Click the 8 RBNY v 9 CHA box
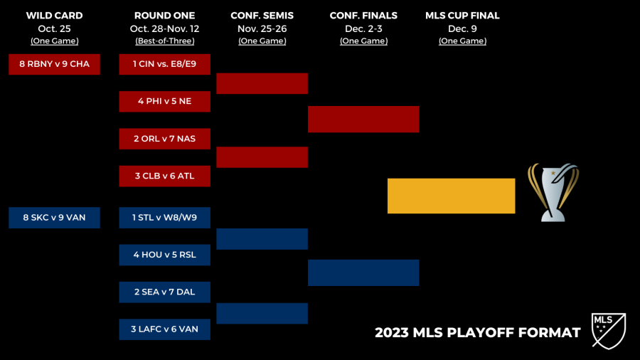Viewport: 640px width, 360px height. pyautogui.click(x=54, y=64)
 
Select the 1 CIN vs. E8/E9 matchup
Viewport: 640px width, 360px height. pyautogui.click(x=164, y=64)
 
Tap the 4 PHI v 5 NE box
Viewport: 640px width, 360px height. pyautogui.click(x=164, y=101)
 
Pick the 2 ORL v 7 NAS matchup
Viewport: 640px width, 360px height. pyautogui.click(x=164, y=139)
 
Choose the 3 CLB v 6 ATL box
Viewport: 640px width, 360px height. pyautogui.click(x=164, y=176)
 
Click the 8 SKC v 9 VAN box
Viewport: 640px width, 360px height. pyautogui.click(x=54, y=218)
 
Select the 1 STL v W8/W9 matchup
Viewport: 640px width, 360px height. pyautogui.click(x=164, y=218)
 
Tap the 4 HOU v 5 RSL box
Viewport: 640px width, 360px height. pyautogui.click(x=164, y=255)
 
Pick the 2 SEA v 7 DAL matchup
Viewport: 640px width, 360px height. pyautogui.click(x=164, y=292)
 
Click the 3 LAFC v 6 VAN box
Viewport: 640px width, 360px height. pyautogui.click(x=164, y=329)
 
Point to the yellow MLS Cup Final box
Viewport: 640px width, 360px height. pyautogui.click(x=451, y=196)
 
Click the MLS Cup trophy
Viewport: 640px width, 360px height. pyautogui.click(x=553, y=193)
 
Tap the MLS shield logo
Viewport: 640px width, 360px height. pyautogui.click(x=609, y=331)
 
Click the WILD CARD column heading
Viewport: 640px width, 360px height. pyautogui.click(x=54, y=16)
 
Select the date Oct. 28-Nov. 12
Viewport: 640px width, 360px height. pyautogui.click(x=164, y=28)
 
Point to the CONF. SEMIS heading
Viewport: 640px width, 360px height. pyautogui.click(x=262, y=16)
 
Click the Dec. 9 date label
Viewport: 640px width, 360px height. pyautogui.click(x=462, y=28)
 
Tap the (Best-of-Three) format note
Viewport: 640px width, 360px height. pyautogui.click(x=164, y=41)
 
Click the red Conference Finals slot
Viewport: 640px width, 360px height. pyautogui.click(x=363, y=120)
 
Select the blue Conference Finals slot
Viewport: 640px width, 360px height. pyautogui.click(x=363, y=272)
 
